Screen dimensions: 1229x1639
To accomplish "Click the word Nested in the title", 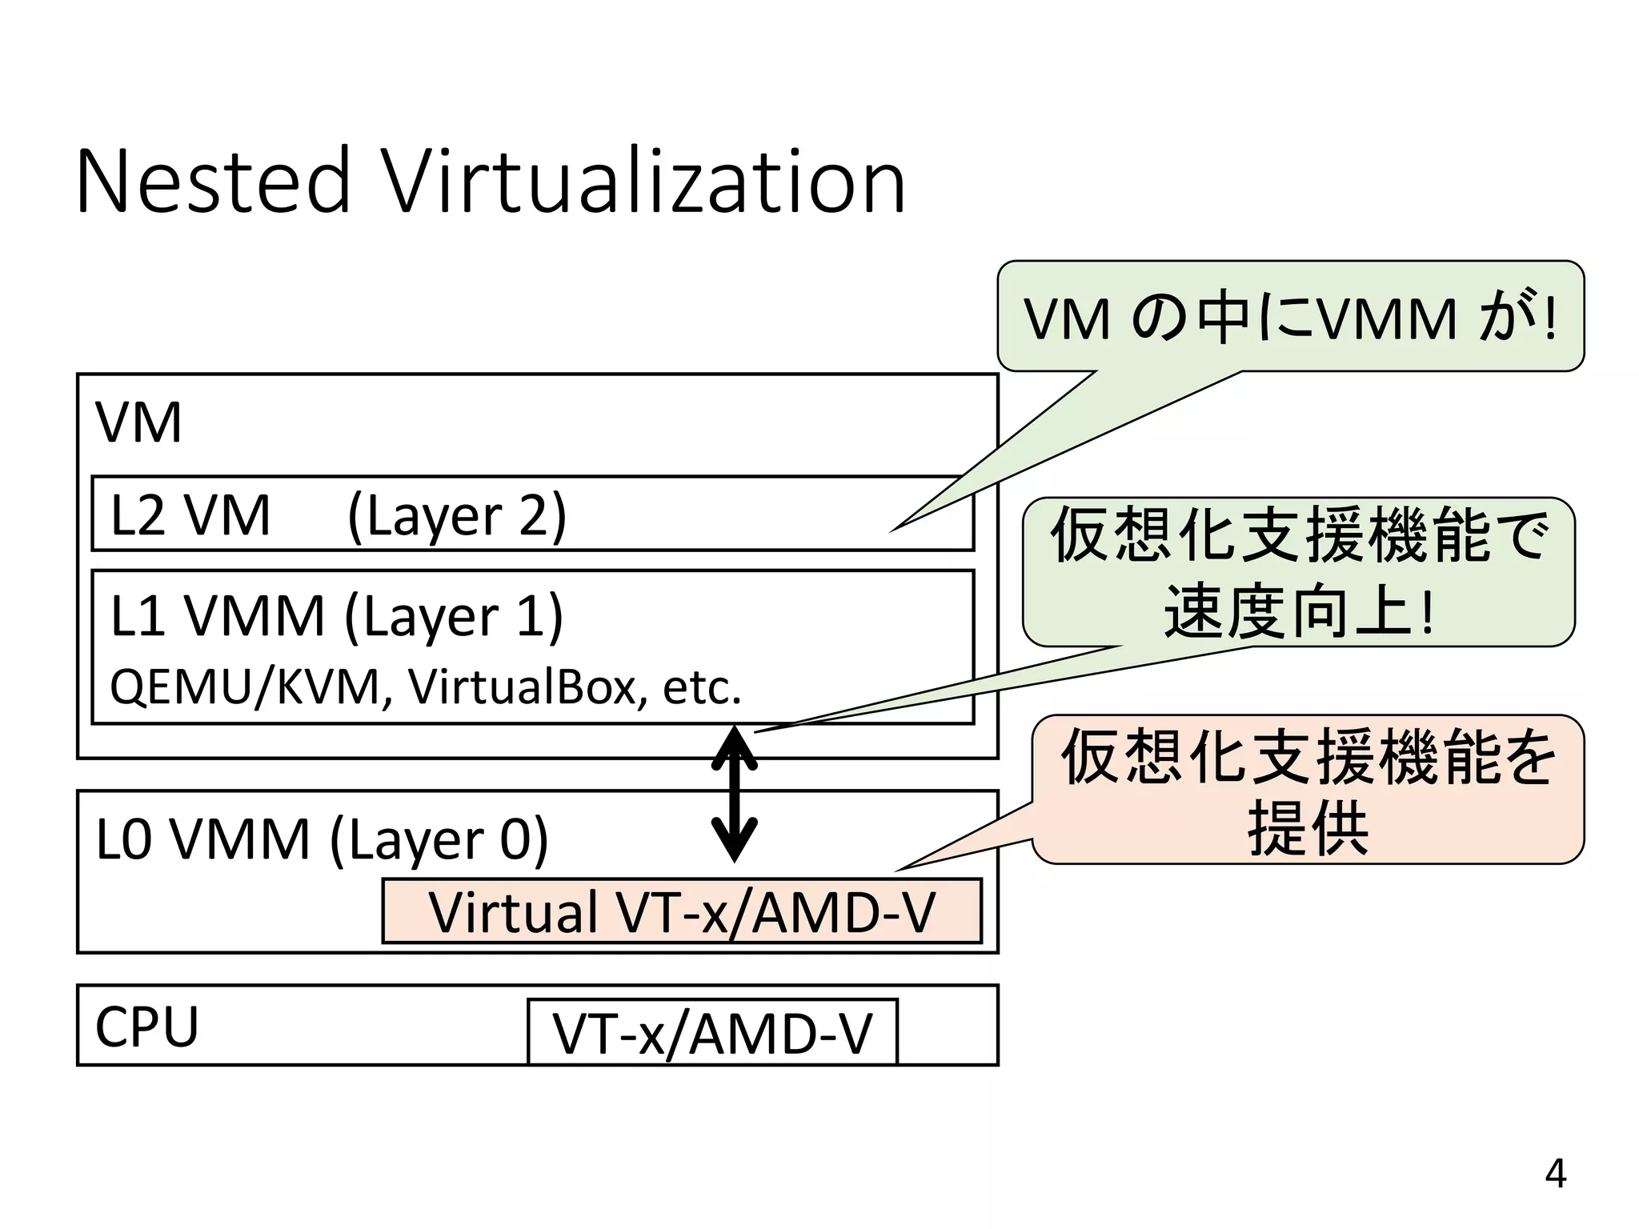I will point(213,182).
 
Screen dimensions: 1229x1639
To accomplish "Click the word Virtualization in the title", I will point(644,182).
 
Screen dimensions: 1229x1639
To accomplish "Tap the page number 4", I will point(1555,1174).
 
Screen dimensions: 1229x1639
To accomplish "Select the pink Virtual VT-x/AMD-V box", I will point(682,911).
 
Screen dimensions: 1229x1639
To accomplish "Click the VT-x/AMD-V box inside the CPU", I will point(712,1033).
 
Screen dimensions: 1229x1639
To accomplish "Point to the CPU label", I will point(146,1027).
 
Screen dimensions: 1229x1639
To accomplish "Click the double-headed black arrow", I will point(735,794).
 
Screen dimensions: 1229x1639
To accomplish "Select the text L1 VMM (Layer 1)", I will point(336,617).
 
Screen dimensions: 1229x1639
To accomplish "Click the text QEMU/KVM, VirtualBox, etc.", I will point(425,687).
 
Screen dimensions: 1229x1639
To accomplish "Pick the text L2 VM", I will point(190,515).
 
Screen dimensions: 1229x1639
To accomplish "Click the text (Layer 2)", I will point(457,515).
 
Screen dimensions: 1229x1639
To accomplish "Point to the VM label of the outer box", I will point(138,422).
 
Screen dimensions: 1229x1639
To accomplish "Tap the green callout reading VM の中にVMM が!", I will point(1290,318).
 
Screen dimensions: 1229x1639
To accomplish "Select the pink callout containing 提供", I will point(1308,789).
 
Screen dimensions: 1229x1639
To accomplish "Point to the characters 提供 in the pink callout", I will point(1308,827).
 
